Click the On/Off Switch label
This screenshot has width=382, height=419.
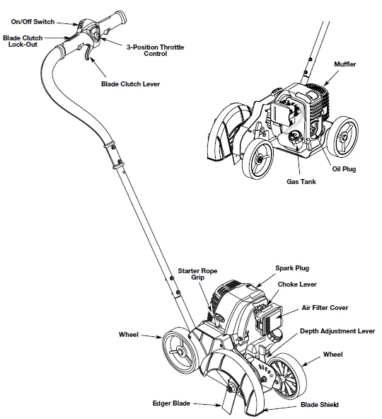point(33,22)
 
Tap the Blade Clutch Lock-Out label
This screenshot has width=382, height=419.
point(23,41)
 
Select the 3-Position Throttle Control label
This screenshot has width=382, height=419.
point(155,50)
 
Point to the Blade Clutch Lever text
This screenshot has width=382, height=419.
point(130,84)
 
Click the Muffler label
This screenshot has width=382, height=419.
point(345,64)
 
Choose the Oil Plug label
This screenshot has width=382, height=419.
point(344,169)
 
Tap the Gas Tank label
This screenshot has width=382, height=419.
point(301,182)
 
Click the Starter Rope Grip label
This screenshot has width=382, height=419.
point(197,274)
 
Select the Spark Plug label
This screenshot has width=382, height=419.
point(292,268)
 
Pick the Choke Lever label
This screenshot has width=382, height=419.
point(297,285)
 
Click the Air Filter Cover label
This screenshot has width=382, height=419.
point(325,308)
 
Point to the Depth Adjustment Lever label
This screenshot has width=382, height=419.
point(337,331)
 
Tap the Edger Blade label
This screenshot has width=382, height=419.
point(171,403)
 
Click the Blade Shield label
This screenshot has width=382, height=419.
point(320,405)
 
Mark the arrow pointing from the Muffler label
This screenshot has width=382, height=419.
point(331,78)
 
